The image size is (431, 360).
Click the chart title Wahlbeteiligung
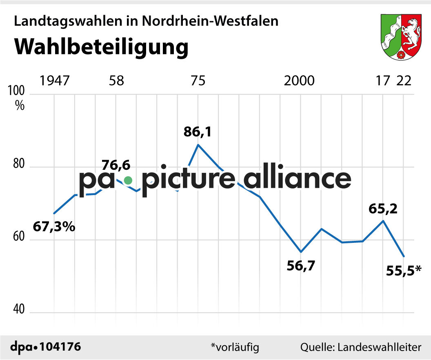pyautogui.click(x=102, y=47)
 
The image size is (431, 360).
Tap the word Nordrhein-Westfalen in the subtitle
pyautogui.click(x=210, y=21)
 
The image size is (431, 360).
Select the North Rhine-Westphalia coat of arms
pyautogui.click(x=401, y=37)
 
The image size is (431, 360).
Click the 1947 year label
pyautogui.click(x=54, y=81)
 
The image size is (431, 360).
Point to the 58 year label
pyautogui.click(x=116, y=81)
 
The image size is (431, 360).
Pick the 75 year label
pyautogui.click(x=198, y=81)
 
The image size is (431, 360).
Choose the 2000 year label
pyautogui.click(x=300, y=81)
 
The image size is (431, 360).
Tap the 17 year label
pyautogui.click(x=383, y=81)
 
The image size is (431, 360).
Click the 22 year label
pyautogui.click(x=404, y=81)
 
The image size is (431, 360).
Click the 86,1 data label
pyautogui.click(x=198, y=132)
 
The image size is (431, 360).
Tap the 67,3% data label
pyautogui.click(x=54, y=227)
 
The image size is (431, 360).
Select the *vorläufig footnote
pyautogui.click(x=235, y=347)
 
